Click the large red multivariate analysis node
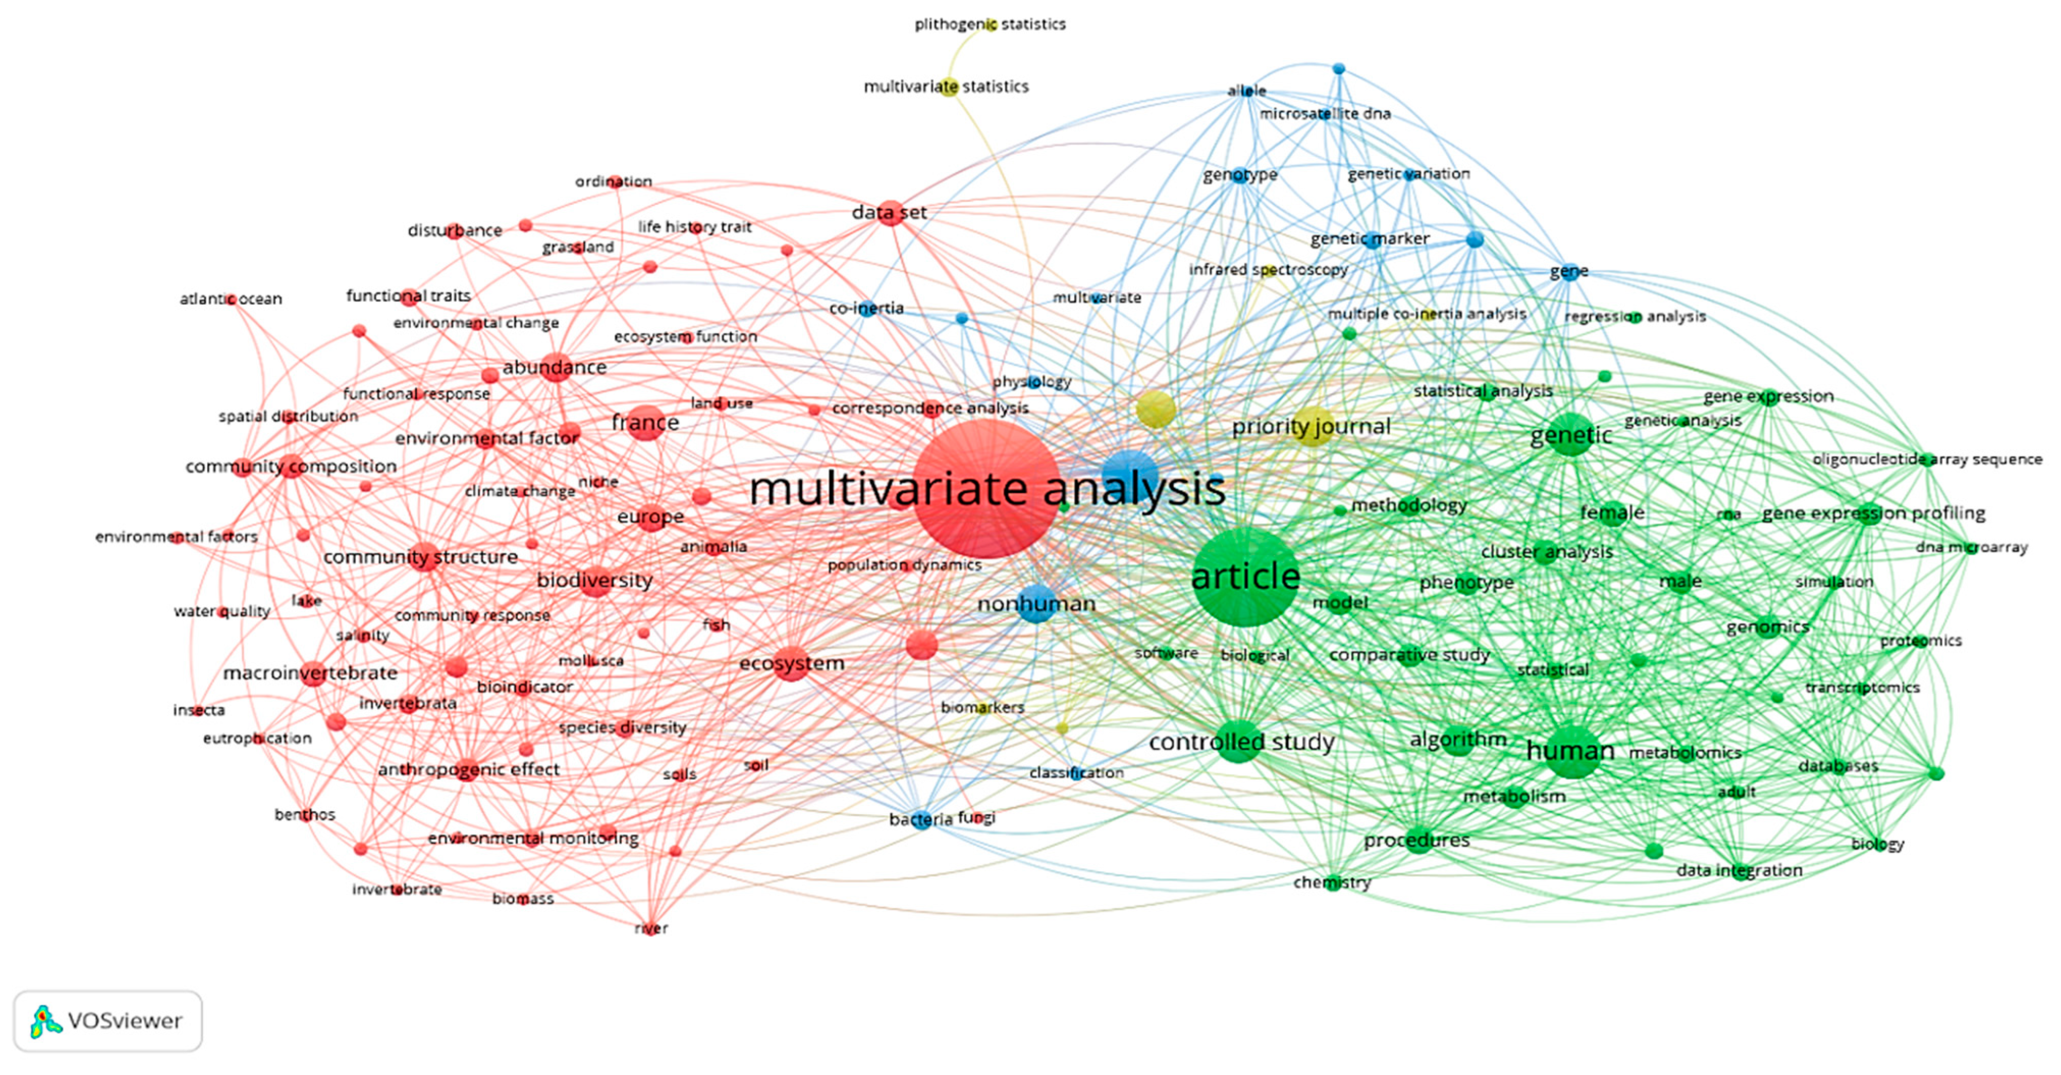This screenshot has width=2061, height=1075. click(987, 488)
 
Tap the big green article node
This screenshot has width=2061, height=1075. click(1245, 576)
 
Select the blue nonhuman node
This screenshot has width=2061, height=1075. click(1036, 604)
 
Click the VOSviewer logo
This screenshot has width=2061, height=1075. click(108, 1020)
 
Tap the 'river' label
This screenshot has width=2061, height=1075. click(651, 928)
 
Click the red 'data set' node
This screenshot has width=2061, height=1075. click(890, 213)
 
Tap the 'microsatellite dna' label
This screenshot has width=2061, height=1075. click(1325, 114)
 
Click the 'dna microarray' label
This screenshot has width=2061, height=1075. click(1972, 548)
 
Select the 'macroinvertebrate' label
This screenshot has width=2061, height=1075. click(311, 673)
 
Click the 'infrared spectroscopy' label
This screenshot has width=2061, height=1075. click(1268, 270)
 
